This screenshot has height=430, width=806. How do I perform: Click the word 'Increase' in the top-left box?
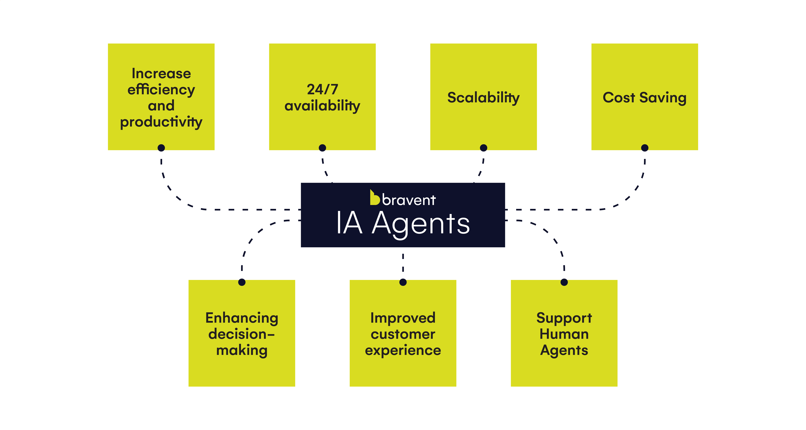coord(161,73)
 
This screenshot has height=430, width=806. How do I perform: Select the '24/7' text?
coord(322,89)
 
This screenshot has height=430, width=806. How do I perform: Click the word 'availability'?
coord(322,106)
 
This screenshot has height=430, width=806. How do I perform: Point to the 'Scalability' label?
coord(483,98)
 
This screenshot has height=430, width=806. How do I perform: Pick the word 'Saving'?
coord(663,98)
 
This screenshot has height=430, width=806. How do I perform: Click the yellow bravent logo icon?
coord(375,198)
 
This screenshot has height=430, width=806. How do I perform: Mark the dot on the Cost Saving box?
coord(645,148)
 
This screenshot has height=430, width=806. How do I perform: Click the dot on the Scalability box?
coord(483,148)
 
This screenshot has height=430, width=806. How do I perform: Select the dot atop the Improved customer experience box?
coord(403,282)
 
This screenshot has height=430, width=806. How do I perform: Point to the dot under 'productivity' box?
coord(161,148)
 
